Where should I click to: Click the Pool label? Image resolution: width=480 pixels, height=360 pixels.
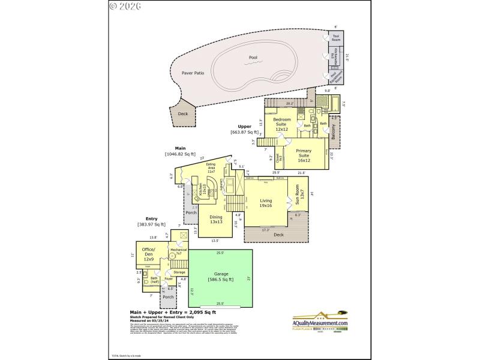click(x=253, y=58)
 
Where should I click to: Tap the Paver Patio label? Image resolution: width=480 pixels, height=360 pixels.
click(x=193, y=73)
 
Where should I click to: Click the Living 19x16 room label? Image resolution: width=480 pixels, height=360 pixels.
click(x=266, y=203)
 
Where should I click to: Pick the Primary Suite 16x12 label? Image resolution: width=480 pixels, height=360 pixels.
click(x=304, y=155)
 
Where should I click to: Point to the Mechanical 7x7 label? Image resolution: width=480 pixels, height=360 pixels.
click(x=179, y=251)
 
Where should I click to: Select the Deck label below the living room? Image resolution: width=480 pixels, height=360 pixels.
click(x=278, y=235)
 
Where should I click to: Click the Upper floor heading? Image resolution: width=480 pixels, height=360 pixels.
click(x=244, y=127)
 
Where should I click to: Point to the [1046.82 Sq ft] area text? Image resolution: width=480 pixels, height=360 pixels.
click(x=180, y=154)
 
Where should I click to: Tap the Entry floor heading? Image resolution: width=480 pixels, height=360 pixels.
click(x=152, y=218)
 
